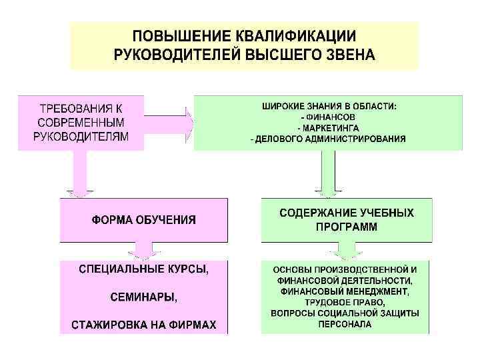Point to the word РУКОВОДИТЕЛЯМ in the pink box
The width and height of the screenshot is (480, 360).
81,138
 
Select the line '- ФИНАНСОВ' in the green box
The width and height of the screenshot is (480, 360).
328,117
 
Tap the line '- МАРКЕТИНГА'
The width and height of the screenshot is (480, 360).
328,127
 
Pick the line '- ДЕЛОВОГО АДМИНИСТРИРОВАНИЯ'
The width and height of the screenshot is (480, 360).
328,139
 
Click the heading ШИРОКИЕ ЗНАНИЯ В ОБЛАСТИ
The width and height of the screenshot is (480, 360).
328,105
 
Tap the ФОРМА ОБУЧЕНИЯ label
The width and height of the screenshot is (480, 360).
144,219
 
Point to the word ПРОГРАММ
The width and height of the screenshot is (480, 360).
346,227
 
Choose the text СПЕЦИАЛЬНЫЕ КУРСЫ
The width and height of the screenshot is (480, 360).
143,270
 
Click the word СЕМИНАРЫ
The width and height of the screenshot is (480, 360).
143,297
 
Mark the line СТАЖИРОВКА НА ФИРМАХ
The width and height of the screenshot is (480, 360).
143,325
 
